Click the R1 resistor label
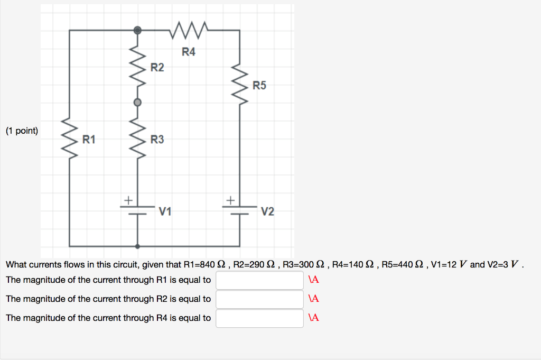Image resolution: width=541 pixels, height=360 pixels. [89, 140]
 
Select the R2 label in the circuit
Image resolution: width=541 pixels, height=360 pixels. [157, 68]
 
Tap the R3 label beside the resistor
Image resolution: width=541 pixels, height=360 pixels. [157, 140]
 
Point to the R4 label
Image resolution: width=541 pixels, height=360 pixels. [189, 52]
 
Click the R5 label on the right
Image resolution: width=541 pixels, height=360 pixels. [259, 85]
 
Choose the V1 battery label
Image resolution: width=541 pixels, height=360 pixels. [165, 212]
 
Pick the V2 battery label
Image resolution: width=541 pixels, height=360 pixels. [267, 212]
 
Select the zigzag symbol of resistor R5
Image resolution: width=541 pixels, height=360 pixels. [241, 86]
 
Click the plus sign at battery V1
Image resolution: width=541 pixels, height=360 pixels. [127, 200]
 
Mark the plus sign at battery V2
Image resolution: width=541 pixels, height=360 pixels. [230, 200]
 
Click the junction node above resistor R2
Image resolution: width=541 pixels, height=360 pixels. [137, 31]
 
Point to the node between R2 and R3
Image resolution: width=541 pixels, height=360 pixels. [137, 103]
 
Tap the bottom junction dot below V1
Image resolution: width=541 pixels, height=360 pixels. [137, 246]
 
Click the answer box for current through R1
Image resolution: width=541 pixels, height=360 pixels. [259, 280]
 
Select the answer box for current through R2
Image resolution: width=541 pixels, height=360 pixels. [259, 299]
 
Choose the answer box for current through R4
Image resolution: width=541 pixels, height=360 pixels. [259, 318]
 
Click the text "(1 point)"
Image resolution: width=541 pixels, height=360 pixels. [22, 131]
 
